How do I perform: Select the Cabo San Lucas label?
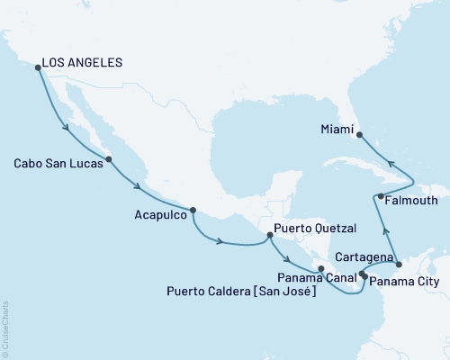tap(54, 164)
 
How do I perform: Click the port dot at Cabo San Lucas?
tap(109, 160)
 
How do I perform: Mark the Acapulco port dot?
tap(193, 211)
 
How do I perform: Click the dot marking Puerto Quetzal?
tap(269, 236)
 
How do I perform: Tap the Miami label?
tap(336, 129)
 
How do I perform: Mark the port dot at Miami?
tap(359, 136)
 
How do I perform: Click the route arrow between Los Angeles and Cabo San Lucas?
tap(67, 129)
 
